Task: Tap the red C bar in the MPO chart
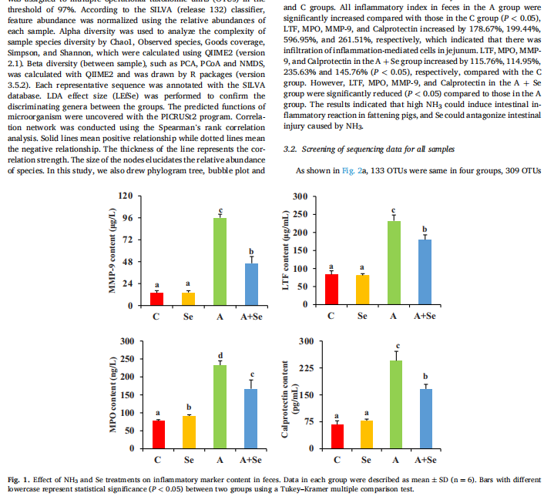(157, 434)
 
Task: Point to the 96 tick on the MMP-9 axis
(125, 218)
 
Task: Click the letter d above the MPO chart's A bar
(220, 355)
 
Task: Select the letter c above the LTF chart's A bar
(393, 210)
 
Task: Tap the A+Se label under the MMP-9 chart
(251, 317)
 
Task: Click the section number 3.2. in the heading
(291, 148)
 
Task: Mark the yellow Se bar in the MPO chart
(189, 431)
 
